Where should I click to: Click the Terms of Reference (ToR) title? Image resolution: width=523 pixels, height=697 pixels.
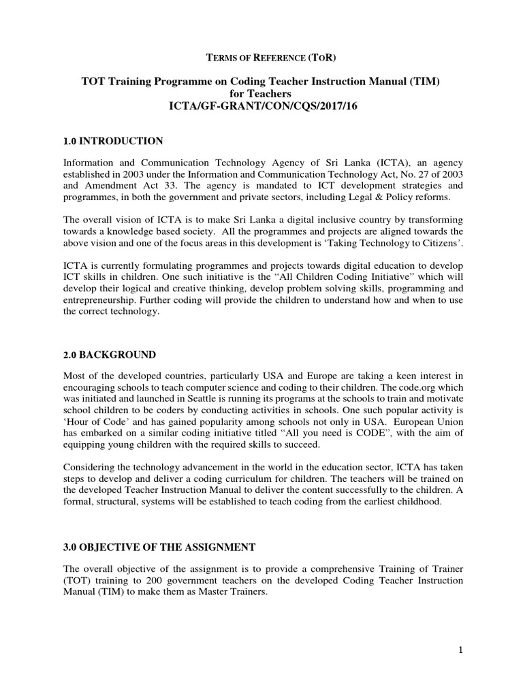coord(261,56)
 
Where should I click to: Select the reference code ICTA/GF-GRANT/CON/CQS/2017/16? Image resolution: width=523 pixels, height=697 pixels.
coord(261,106)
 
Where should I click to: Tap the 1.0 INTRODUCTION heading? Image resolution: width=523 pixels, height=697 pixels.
coord(112,141)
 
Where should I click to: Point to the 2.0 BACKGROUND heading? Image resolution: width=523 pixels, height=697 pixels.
coord(109,355)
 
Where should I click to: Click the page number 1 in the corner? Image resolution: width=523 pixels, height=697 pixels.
coord(460,649)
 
